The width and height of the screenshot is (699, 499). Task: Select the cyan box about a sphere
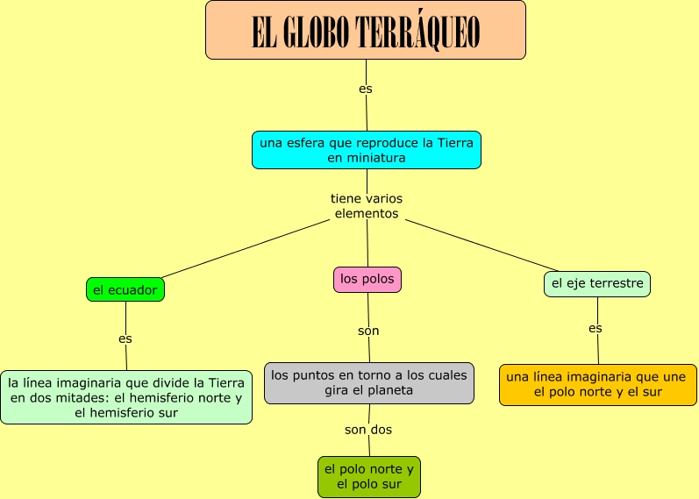point(366,150)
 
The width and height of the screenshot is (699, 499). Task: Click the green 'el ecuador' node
point(125,289)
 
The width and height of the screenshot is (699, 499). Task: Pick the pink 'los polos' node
point(367,280)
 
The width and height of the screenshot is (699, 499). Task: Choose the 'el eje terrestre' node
point(597,283)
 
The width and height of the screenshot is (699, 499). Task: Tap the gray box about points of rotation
point(368,383)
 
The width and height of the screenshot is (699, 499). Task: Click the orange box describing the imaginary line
point(597,385)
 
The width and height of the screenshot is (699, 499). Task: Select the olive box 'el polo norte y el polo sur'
point(369,476)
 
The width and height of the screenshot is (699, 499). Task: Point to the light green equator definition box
point(126,397)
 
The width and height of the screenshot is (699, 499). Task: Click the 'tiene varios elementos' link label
point(367,206)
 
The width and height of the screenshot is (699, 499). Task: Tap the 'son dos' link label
point(368,430)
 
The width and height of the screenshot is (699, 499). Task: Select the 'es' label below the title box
point(366,89)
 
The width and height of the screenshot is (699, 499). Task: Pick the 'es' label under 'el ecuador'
point(125,338)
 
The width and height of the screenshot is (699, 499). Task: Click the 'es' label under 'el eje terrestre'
point(596,328)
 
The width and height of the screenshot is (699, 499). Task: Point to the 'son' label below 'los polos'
point(368,331)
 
